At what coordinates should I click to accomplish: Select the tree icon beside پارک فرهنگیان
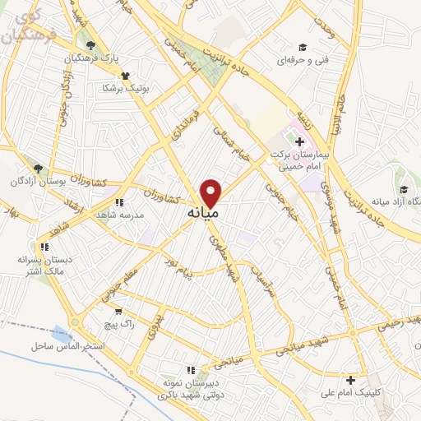pyautogui.click(x=90, y=45)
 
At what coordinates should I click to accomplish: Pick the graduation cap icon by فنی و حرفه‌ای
pyautogui.click(x=302, y=47)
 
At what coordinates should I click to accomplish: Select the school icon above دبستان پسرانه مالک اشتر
pyautogui.click(x=43, y=246)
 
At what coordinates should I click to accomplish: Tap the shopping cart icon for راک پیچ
pyautogui.click(x=120, y=312)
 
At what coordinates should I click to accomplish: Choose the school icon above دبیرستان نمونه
pyautogui.click(x=192, y=370)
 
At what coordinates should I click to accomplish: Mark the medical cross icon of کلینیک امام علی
pyautogui.click(x=351, y=380)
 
